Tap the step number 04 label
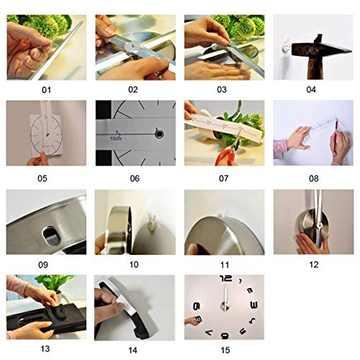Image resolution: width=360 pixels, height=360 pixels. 310,90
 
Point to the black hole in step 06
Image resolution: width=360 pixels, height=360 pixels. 157,133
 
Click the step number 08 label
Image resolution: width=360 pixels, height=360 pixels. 310,177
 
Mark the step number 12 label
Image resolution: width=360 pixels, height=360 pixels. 310,264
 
